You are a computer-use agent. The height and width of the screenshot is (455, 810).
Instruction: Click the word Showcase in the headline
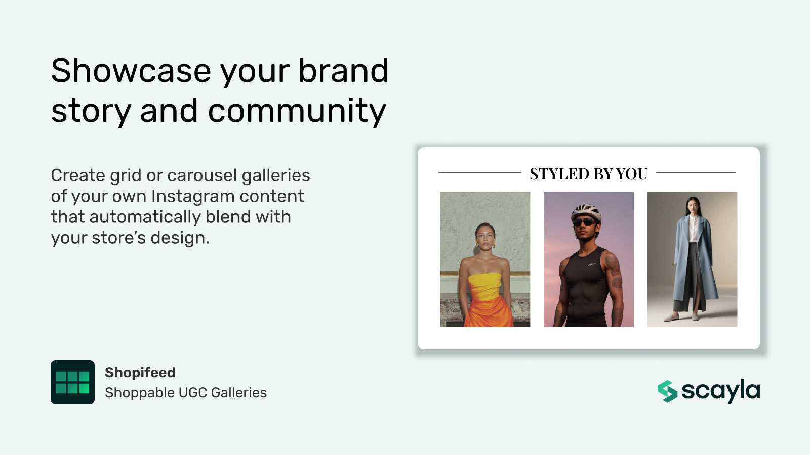[x=131, y=71]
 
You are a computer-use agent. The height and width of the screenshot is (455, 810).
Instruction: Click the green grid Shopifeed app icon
[x=72, y=382]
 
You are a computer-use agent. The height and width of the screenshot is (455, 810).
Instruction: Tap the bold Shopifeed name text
[x=140, y=373]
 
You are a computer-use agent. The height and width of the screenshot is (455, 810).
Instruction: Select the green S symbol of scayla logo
[x=667, y=391]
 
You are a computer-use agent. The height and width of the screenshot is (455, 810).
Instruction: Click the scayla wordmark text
[x=720, y=391]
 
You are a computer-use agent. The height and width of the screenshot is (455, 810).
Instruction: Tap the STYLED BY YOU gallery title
[x=588, y=174]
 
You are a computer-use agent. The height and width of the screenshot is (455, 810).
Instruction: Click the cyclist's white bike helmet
[x=586, y=211]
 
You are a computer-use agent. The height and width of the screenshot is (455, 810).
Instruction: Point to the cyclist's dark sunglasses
[x=585, y=222]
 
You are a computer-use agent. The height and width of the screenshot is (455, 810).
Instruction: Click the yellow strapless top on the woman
[x=484, y=286]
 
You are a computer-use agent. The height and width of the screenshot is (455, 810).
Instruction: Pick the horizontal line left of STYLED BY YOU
[x=479, y=173]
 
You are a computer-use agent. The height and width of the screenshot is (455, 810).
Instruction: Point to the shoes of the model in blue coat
[x=683, y=317]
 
